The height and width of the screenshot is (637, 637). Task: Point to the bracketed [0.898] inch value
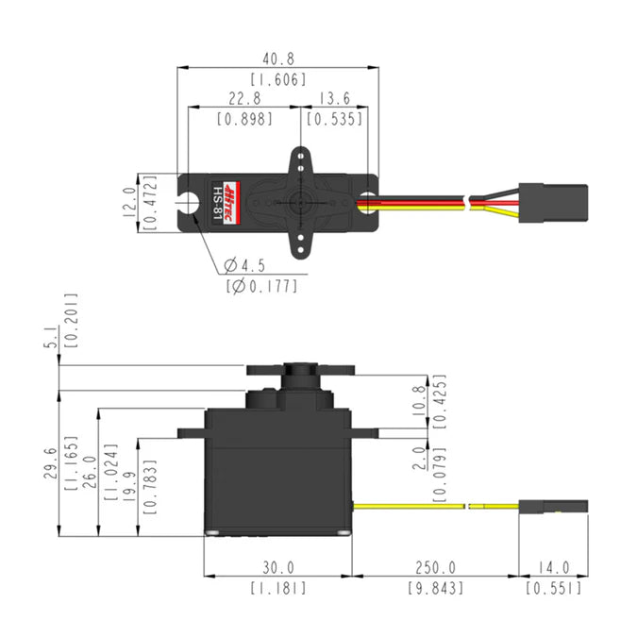[244, 119]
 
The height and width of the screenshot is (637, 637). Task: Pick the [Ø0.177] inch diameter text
[261, 285]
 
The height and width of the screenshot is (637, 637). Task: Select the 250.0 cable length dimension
[435, 567]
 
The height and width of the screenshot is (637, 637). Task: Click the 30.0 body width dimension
[278, 567]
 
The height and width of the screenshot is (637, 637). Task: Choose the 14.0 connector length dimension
[553, 567]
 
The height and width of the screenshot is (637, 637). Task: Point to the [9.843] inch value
[435, 588]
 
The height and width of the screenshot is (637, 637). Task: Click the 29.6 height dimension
[50, 463]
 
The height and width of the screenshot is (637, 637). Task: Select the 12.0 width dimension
[128, 202]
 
